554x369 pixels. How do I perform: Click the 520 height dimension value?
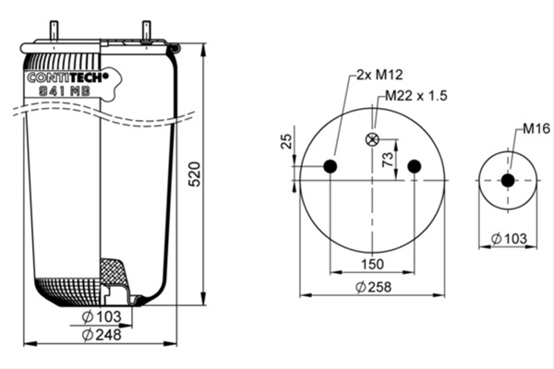195,173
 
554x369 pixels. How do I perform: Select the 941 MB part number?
65,91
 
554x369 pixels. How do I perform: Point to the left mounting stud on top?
54,30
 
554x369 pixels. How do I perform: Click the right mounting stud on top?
146,30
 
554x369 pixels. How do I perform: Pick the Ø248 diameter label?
102,334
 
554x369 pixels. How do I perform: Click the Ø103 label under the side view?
102,316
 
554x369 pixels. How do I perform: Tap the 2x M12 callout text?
379,75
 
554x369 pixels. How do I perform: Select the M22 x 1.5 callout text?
415,95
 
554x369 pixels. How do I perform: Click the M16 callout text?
536,128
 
